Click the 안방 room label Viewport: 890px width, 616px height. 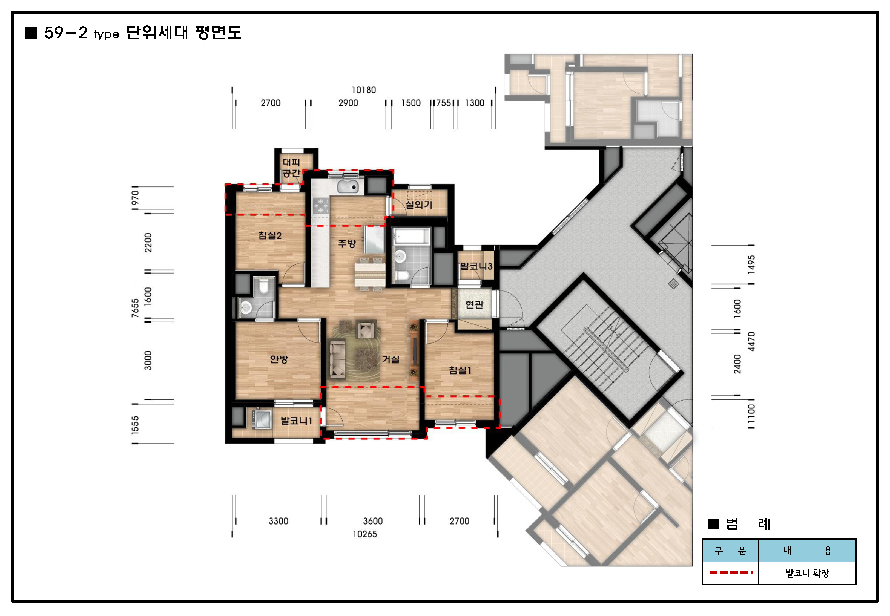click(x=279, y=359)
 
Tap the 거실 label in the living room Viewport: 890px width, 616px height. click(x=391, y=359)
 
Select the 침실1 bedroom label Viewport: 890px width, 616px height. click(x=460, y=370)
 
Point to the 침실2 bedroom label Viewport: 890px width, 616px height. click(x=270, y=235)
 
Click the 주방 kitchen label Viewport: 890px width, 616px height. click(x=347, y=244)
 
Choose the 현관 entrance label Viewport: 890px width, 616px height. click(x=474, y=304)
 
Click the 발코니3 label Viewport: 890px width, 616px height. click(x=476, y=266)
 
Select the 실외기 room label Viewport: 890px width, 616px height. click(x=418, y=205)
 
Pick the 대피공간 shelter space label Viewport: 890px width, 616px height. click(x=291, y=168)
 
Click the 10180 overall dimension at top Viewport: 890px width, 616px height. click(x=364, y=90)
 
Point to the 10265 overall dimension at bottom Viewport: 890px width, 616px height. click(x=365, y=534)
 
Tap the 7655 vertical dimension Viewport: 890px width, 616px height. click(x=135, y=308)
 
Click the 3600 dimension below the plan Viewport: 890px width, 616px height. click(x=373, y=521)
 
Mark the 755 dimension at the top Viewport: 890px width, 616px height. click(x=444, y=103)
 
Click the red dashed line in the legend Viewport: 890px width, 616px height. click(x=731, y=572)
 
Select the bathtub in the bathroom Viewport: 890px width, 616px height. click(x=411, y=236)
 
